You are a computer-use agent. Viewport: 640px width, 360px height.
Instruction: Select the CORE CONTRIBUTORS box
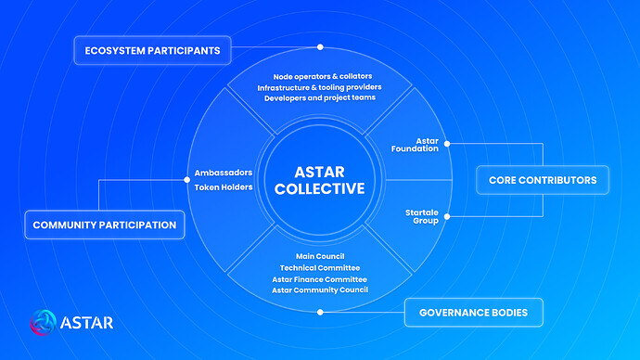pyautogui.click(x=542, y=179)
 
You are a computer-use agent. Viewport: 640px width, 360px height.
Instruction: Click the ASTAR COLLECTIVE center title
pyautogui.click(x=320, y=179)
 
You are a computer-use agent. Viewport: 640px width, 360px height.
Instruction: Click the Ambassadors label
pyautogui.click(x=224, y=173)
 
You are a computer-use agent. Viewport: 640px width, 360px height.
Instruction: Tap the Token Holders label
pyautogui.click(x=224, y=186)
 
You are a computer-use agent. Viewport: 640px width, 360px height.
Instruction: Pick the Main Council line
pyautogui.click(x=320, y=256)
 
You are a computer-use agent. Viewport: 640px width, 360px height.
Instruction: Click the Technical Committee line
pyautogui.click(x=320, y=267)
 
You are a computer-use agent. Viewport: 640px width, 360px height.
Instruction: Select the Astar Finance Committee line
pyautogui.click(x=320, y=278)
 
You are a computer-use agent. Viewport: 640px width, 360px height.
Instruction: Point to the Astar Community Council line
pyautogui.click(x=320, y=289)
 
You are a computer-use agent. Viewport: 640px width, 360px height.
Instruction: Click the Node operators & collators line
pyautogui.click(x=320, y=76)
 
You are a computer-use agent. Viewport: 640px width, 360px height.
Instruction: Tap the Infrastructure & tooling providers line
pyautogui.click(x=320, y=87)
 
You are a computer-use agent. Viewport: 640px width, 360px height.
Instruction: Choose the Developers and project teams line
pyautogui.click(x=320, y=97)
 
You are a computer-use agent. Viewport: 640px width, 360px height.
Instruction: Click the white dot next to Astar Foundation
pyautogui.click(x=446, y=144)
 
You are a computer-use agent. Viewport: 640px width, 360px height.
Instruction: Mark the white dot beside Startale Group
pyautogui.click(x=446, y=217)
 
